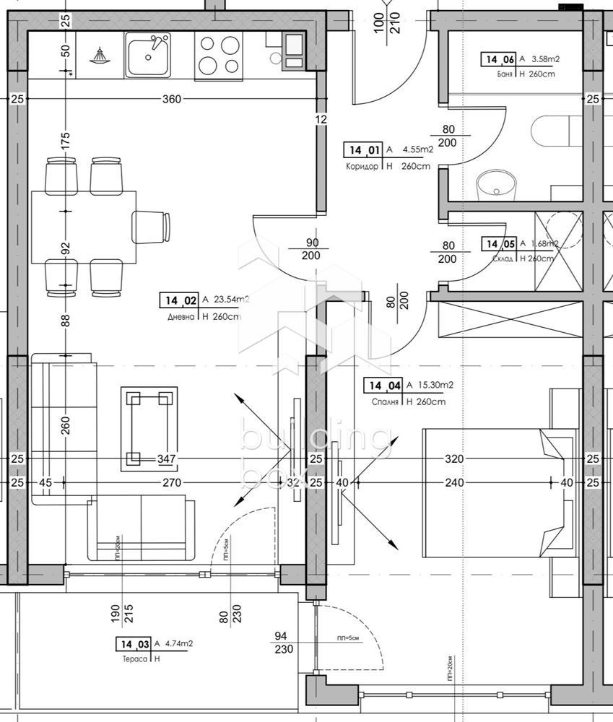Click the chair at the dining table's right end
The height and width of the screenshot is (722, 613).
pos(151,227)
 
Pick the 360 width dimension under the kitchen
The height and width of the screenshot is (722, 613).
pos(171,99)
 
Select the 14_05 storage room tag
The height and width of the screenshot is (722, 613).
pos(500,244)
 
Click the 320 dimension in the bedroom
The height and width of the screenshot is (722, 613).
pos(453,458)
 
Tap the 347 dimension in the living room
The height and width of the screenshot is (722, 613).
pos(167,458)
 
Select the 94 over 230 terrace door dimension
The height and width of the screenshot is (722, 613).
pos(282,642)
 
